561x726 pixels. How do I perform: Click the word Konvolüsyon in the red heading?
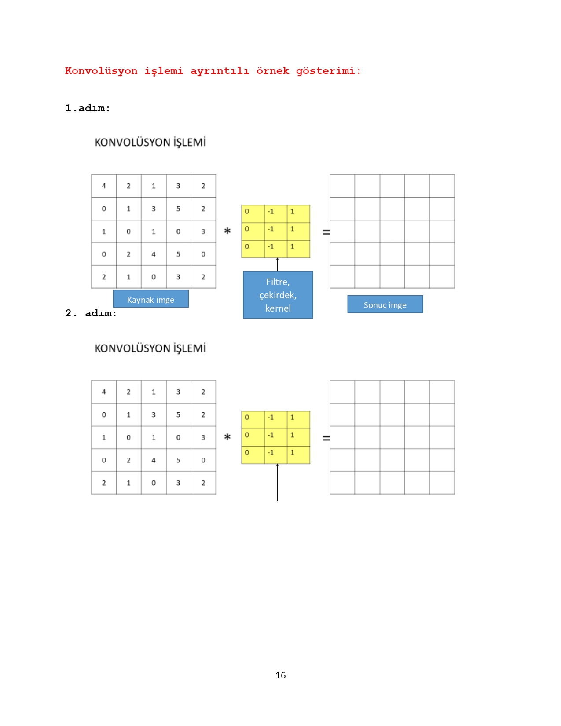[101, 71]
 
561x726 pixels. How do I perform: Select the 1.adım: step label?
[88, 108]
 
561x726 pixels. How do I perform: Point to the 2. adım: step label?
[91, 313]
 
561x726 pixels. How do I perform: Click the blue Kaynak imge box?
[150, 298]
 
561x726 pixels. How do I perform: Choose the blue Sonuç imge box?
[385, 304]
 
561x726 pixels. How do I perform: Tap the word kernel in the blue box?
[278, 308]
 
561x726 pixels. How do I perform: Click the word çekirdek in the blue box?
[278, 295]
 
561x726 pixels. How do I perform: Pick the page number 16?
[280, 675]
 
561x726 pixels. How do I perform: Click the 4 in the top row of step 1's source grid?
[104, 186]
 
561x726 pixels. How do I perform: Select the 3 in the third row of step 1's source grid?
[203, 231]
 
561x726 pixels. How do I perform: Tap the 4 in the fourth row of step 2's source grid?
[154, 460]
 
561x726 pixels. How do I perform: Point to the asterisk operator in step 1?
[227, 231]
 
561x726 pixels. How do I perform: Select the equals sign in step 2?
[326, 438]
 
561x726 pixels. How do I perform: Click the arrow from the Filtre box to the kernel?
[277, 264]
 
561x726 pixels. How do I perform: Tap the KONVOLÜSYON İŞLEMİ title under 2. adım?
[150, 348]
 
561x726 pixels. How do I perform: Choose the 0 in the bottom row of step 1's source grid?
[154, 277]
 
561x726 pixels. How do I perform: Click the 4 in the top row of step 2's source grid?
[104, 392]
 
